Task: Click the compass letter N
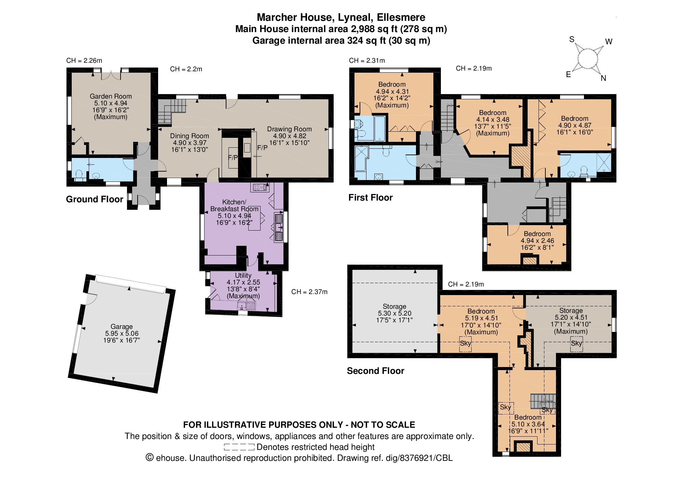coord(603,78)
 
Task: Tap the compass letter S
coord(572,40)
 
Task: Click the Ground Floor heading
coord(95,199)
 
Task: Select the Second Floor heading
coord(376,371)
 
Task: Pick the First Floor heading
coord(371,198)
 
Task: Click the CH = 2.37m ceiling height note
coord(309,292)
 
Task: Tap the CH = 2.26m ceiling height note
coord(84,60)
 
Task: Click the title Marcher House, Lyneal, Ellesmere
coord(341,17)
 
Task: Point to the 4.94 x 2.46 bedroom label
coord(537,240)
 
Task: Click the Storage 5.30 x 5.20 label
coord(394,313)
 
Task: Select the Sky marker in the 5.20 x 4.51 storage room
coord(576,343)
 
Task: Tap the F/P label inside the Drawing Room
coord(262,148)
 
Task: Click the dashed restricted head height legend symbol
coord(239,447)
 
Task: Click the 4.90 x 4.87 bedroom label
coord(575,125)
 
